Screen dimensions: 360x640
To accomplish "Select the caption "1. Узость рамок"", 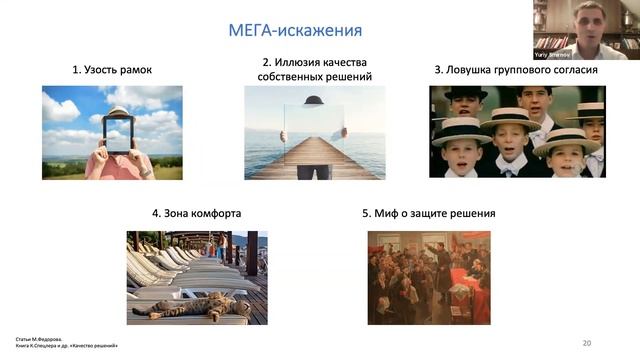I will click(111, 71).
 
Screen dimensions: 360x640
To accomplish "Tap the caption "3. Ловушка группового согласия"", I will click(516, 71).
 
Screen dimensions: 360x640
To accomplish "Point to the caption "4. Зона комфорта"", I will click(196, 213).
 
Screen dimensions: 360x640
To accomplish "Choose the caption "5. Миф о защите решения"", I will click(428, 213).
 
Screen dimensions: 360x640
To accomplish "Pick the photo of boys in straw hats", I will click(517, 132).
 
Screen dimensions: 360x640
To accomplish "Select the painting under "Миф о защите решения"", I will click(428, 278).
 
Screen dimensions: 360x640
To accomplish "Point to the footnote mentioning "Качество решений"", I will click(69, 345).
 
